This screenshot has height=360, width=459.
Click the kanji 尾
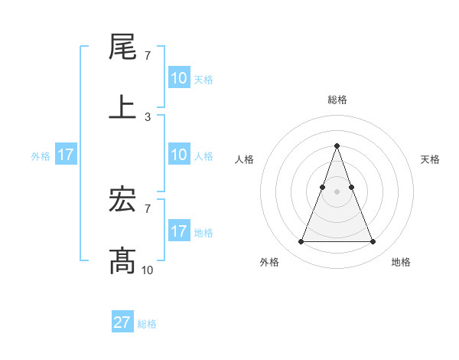click(x=123, y=47)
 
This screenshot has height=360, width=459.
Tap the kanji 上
click(x=123, y=107)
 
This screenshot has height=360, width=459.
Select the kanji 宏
click(x=123, y=201)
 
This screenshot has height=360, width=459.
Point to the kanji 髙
click(x=123, y=260)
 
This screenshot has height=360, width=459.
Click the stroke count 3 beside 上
click(x=148, y=117)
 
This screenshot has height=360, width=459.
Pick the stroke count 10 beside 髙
click(x=148, y=270)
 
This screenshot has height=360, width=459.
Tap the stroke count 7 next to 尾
click(x=148, y=56)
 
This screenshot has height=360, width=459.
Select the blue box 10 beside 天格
click(x=179, y=78)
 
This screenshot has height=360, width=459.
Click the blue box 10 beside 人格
click(x=179, y=155)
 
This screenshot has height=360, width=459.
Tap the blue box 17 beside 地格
click(x=179, y=231)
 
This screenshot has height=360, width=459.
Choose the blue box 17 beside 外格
click(x=66, y=155)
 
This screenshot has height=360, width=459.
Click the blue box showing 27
click(x=122, y=322)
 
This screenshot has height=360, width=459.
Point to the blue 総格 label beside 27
click(x=147, y=324)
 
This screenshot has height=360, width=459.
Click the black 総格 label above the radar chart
click(x=337, y=100)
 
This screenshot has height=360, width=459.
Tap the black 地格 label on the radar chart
click(x=401, y=263)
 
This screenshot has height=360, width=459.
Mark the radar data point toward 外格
click(x=301, y=242)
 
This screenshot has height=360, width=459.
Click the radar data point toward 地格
click(x=373, y=242)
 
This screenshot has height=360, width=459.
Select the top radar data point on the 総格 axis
click(x=337, y=146)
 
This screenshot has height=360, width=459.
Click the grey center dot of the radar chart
click(x=337, y=191)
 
